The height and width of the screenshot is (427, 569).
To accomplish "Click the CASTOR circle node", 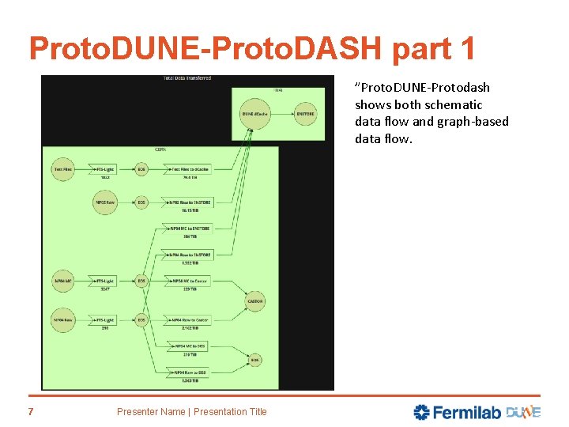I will [254, 301].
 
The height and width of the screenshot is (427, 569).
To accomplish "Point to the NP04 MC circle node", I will [64, 281].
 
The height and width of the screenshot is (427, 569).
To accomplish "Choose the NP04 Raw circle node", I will [64, 320].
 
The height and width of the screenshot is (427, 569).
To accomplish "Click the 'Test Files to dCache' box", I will [190, 169].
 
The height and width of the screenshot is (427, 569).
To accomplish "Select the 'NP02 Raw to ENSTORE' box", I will [190, 203].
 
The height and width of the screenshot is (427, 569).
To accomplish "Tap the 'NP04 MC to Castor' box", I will [190, 281].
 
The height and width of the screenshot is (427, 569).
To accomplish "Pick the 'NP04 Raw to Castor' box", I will [190, 320].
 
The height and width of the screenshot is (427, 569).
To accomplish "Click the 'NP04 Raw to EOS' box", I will [190, 372].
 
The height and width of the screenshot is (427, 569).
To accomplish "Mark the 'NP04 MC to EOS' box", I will [190, 346].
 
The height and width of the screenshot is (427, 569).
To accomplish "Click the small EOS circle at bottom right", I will [254, 360].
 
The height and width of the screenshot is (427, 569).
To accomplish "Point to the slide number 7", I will [31, 411].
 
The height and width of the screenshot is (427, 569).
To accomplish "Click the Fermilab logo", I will [456, 412].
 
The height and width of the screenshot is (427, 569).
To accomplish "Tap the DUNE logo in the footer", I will [523, 412].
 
